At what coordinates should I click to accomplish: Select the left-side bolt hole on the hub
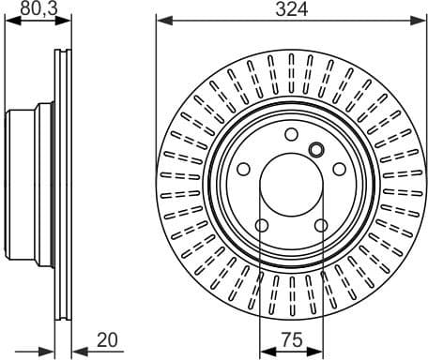pos(244,169)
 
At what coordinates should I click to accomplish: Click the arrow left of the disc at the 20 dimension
pos(47,350)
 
